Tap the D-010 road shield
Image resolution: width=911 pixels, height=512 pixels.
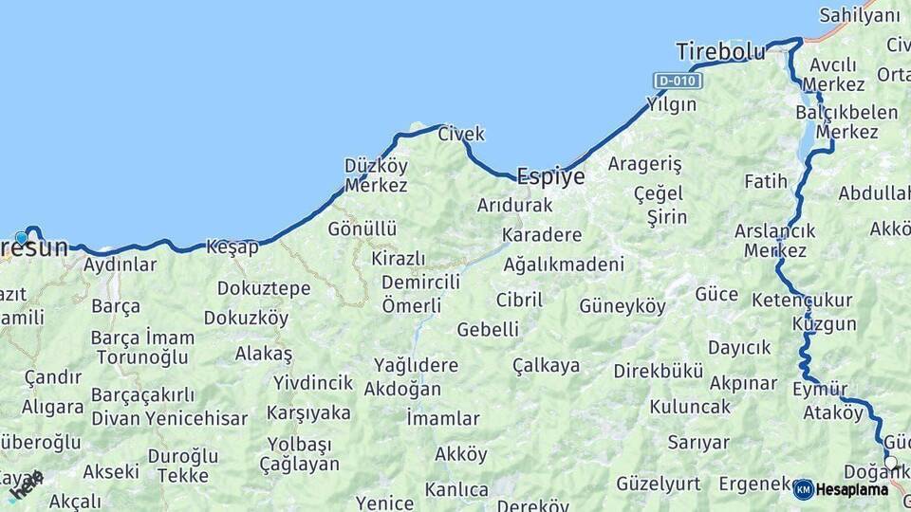(678, 81)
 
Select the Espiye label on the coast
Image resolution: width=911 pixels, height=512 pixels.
(549, 175)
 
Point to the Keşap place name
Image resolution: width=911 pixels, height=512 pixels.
(232, 247)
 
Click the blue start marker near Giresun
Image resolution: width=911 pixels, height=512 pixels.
(21, 238)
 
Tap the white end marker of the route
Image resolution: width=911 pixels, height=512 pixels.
(890, 463)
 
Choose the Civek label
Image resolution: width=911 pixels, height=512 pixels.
(461, 135)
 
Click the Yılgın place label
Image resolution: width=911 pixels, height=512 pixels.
(671, 104)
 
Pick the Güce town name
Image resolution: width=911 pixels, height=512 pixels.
(716, 294)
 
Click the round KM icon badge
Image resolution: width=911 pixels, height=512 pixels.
(804, 490)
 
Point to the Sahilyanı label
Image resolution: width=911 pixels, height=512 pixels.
(859, 15)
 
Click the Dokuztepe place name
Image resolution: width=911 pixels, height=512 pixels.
(264, 287)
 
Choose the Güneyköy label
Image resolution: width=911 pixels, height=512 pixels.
(623, 306)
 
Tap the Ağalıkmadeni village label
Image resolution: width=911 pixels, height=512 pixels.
(564, 265)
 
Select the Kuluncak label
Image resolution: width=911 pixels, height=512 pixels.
(690, 407)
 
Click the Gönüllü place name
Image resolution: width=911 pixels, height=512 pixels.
(363, 229)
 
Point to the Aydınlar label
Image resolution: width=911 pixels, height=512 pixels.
(121, 265)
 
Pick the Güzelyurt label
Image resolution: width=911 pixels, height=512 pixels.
(659, 484)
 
